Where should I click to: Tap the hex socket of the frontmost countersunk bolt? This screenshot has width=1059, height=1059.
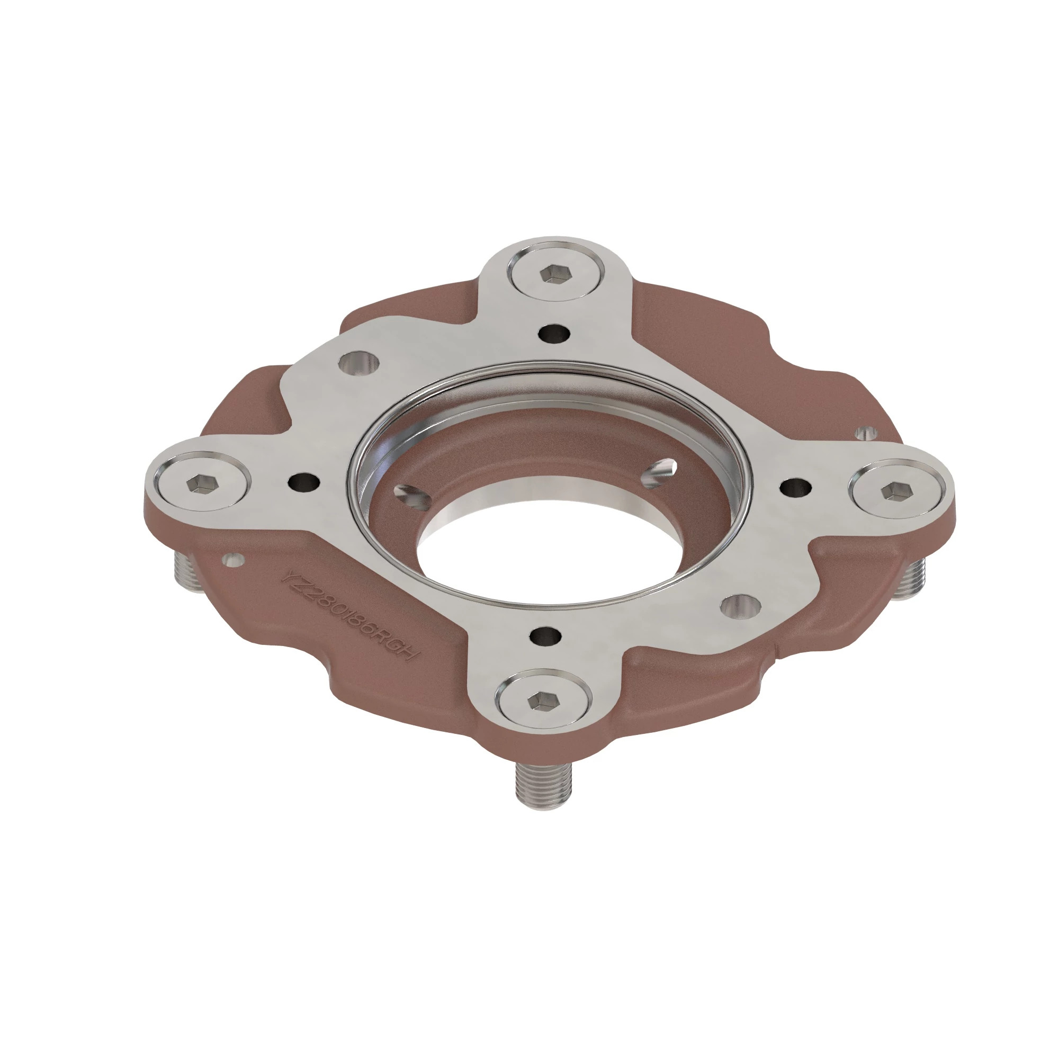543,701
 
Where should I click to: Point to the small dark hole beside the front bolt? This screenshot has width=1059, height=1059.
546,635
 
